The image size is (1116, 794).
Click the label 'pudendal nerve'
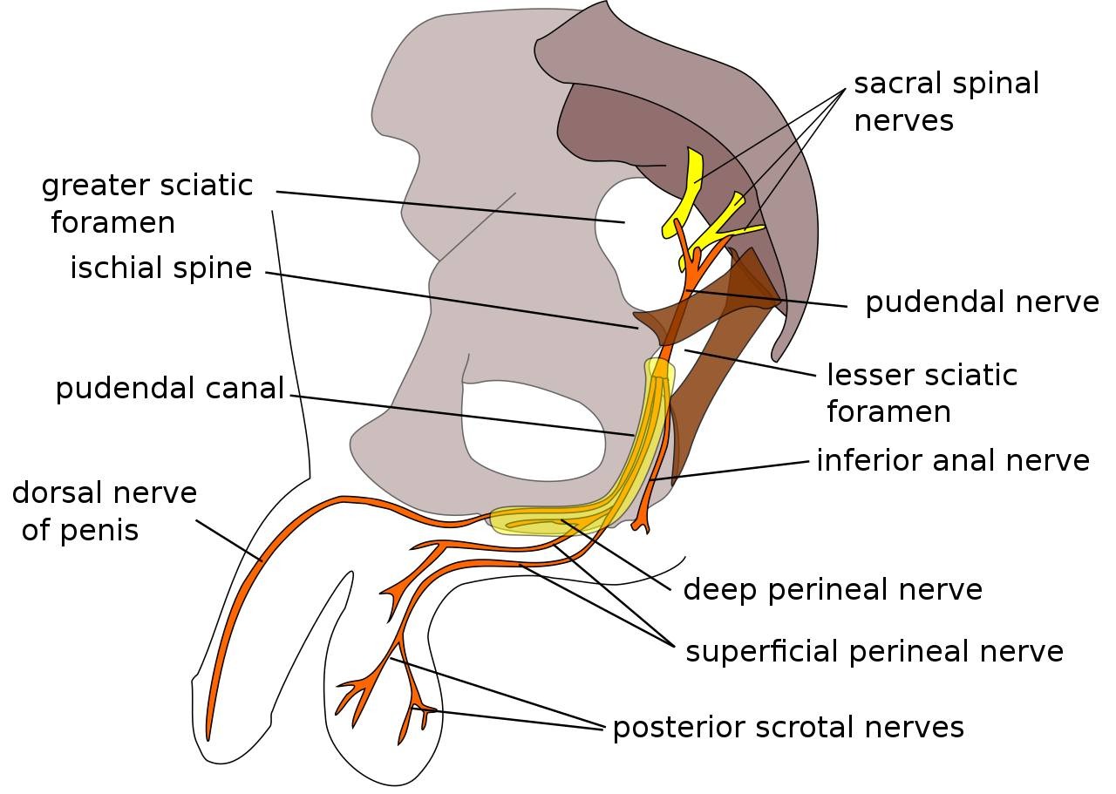pos(982,302)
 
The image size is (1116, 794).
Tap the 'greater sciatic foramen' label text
pos(146,204)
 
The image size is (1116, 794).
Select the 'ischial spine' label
pos(160,268)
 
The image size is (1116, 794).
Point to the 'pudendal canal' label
pos(170,388)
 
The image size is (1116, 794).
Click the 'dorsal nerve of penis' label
pos(104,512)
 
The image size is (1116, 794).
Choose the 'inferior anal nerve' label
pos(952,460)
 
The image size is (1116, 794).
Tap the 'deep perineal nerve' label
pos(832,590)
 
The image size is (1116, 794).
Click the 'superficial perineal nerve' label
pos(874,652)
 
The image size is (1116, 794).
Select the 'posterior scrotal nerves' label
pos(788,727)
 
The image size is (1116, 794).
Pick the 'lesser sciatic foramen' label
pos(921,393)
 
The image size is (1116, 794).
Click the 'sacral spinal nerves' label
pos(946,102)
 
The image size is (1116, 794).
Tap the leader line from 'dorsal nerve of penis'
pos(228,540)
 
